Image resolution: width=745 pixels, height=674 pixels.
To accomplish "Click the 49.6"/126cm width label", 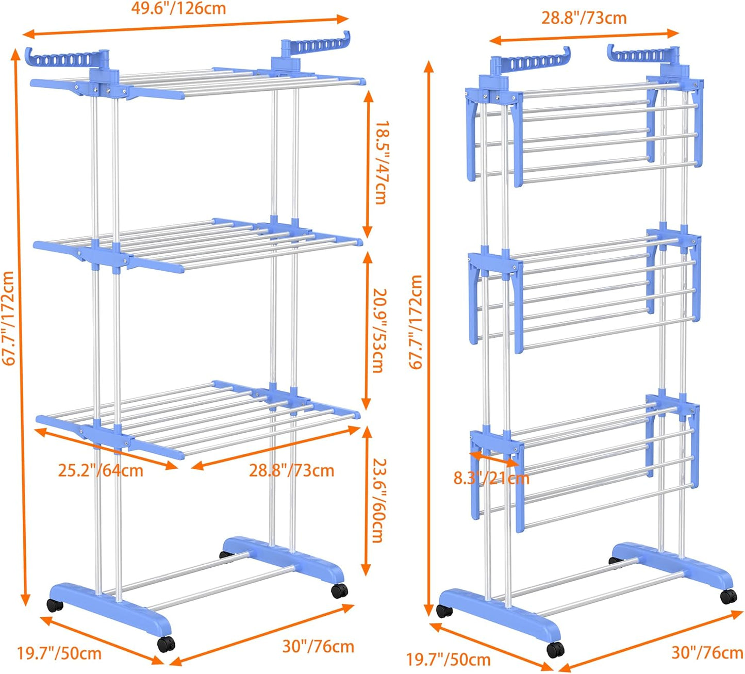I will coord(178,9).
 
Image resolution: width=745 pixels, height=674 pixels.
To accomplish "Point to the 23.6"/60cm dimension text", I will coord(379,500).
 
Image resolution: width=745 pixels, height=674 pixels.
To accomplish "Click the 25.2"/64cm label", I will coord(101,470).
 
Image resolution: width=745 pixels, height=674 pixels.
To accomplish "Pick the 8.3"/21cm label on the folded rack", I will coord(491,478).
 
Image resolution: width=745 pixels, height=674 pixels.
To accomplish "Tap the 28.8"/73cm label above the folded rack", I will coord(584,18).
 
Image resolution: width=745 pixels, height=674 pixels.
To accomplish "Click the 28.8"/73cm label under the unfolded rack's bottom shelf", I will coord(292,470).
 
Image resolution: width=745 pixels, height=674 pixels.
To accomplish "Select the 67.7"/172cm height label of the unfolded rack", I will coord(9,318).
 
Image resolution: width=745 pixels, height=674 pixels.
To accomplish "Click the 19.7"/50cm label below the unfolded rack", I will coord(59,653).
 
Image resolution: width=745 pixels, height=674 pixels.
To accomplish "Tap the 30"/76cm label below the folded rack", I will coord(707,652).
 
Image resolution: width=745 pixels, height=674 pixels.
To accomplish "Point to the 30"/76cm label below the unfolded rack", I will coord(318,646).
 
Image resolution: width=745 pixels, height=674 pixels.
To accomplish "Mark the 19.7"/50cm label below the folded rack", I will coord(448,659).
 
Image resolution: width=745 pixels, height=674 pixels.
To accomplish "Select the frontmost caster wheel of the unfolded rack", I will coord(166,644).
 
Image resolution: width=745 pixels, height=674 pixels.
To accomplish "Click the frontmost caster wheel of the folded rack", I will coord(555,649).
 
